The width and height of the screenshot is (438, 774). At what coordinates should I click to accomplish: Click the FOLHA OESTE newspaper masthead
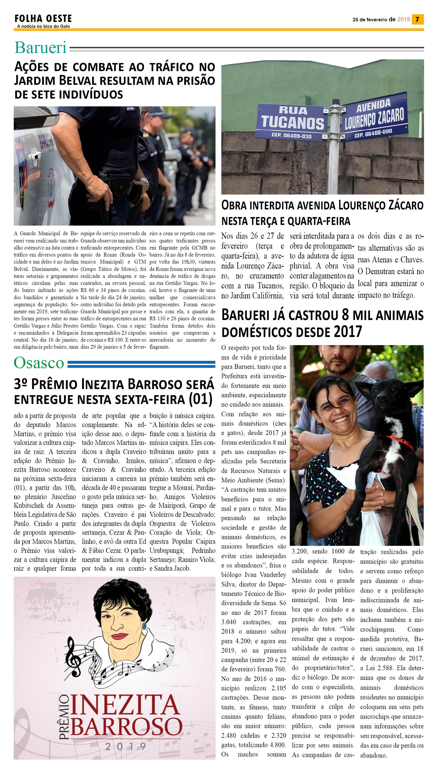click(x=43, y=19)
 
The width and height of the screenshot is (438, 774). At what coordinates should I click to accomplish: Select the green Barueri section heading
click(x=41, y=48)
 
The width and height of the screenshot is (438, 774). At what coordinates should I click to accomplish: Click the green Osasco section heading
click(x=39, y=363)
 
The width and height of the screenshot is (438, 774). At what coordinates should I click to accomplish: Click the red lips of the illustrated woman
click(x=119, y=636)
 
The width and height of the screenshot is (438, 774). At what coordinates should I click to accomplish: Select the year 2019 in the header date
click(x=403, y=20)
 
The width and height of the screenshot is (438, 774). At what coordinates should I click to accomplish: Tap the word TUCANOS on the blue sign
click(x=292, y=123)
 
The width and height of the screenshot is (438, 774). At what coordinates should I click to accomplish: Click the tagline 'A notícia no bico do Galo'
click(x=43, y=27)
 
